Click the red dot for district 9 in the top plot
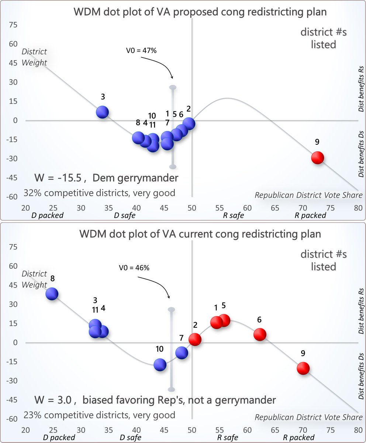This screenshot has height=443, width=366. click(x=317, y=158)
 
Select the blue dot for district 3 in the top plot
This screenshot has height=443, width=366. click(x=102, y=112)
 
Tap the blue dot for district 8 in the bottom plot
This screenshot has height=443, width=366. click(x=52, y=294)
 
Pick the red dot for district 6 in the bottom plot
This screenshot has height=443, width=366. click(x=260, y=334)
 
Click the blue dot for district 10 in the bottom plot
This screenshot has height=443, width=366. click(x=160, y=365)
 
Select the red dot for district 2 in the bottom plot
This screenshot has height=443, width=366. click(x=195, y=339)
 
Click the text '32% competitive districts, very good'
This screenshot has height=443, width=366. click(x=99, y=193)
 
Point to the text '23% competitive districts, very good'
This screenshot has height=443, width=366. click(x=99, y=415)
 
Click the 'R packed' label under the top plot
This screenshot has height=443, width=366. click(x=310, y=215)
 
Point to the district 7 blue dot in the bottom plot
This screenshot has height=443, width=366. click(x=182, y=353)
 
